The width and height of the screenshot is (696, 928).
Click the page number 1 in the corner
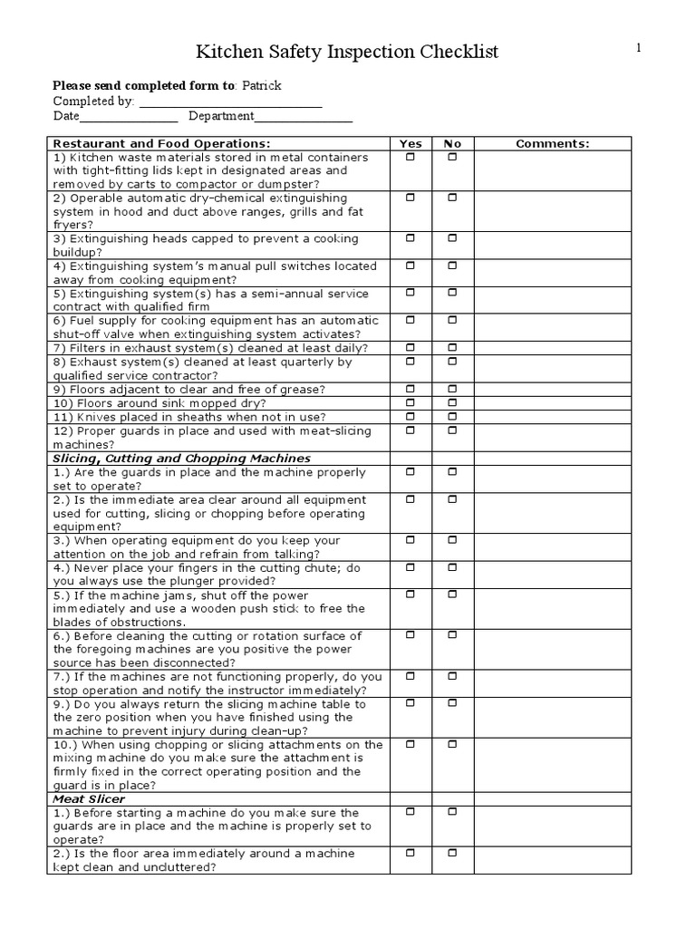click(638, 49)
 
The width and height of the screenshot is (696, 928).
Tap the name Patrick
click(262, 86)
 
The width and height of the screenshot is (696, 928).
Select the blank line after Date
click(129, 117)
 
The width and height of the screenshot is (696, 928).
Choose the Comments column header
click(552, 143)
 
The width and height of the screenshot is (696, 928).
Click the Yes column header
click(411, 143)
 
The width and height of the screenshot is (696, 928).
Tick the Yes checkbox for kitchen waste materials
click(411, 157)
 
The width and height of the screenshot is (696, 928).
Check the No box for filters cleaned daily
click(452, 347)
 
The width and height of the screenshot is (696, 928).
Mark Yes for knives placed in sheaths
click(411, 415)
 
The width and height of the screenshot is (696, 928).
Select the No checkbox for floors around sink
click(452, 401)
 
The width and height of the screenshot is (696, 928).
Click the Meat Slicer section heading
click(89, 799)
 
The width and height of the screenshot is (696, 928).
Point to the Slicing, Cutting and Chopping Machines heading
click(181, 459)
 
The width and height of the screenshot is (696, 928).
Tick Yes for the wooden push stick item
click(411, 594)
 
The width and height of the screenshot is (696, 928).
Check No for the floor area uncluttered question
click(452, 853)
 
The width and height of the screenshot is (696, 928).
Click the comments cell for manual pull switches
click(552, 273)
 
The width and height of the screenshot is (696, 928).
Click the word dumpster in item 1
click(307, 184)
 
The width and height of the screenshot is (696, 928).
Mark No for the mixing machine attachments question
click(452, 744)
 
